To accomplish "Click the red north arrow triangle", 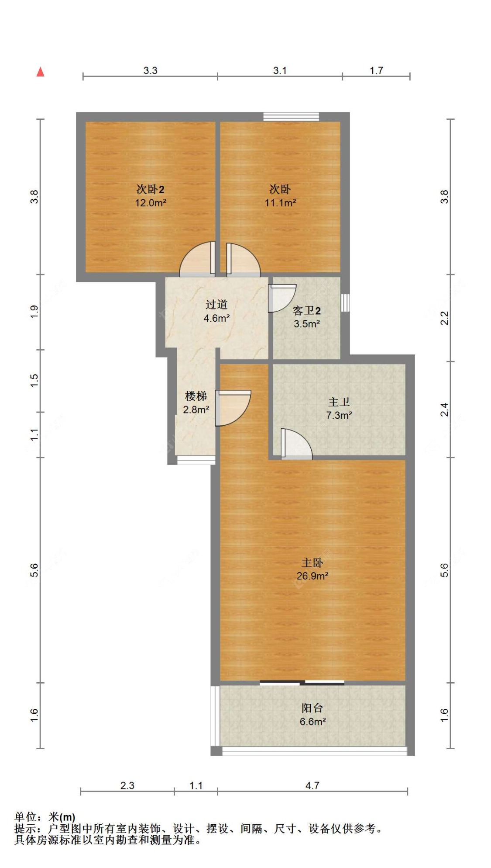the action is (x=41, y=72).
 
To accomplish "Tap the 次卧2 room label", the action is (x=150, y=189).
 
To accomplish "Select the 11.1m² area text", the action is (x=280, y=203).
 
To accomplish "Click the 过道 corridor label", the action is (x=216, y=304).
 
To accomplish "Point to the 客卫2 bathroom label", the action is (x=306, y=311).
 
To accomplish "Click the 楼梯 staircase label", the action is (x=196, y=396).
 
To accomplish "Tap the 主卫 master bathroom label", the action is (x=339, y=402).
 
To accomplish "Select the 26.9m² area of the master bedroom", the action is (x=312, y=576).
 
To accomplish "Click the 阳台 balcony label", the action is (x=312, y=708).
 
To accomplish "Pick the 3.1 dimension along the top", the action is (x=280, y=70).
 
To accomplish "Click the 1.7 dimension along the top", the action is (x=376, y=70).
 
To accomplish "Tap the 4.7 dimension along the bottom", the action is (x=312, y=785).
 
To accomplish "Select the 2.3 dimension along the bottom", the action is (x=127, y=785).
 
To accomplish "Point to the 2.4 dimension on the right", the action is (x=444, y=410).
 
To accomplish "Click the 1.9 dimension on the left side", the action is (x=34, y=312).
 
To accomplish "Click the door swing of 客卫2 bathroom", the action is (x=282, y=298).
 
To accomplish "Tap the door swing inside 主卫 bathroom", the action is (x=296, y=444).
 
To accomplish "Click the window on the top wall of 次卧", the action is (x=291, y=117).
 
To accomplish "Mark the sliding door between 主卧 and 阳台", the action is (x=302, y=683).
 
